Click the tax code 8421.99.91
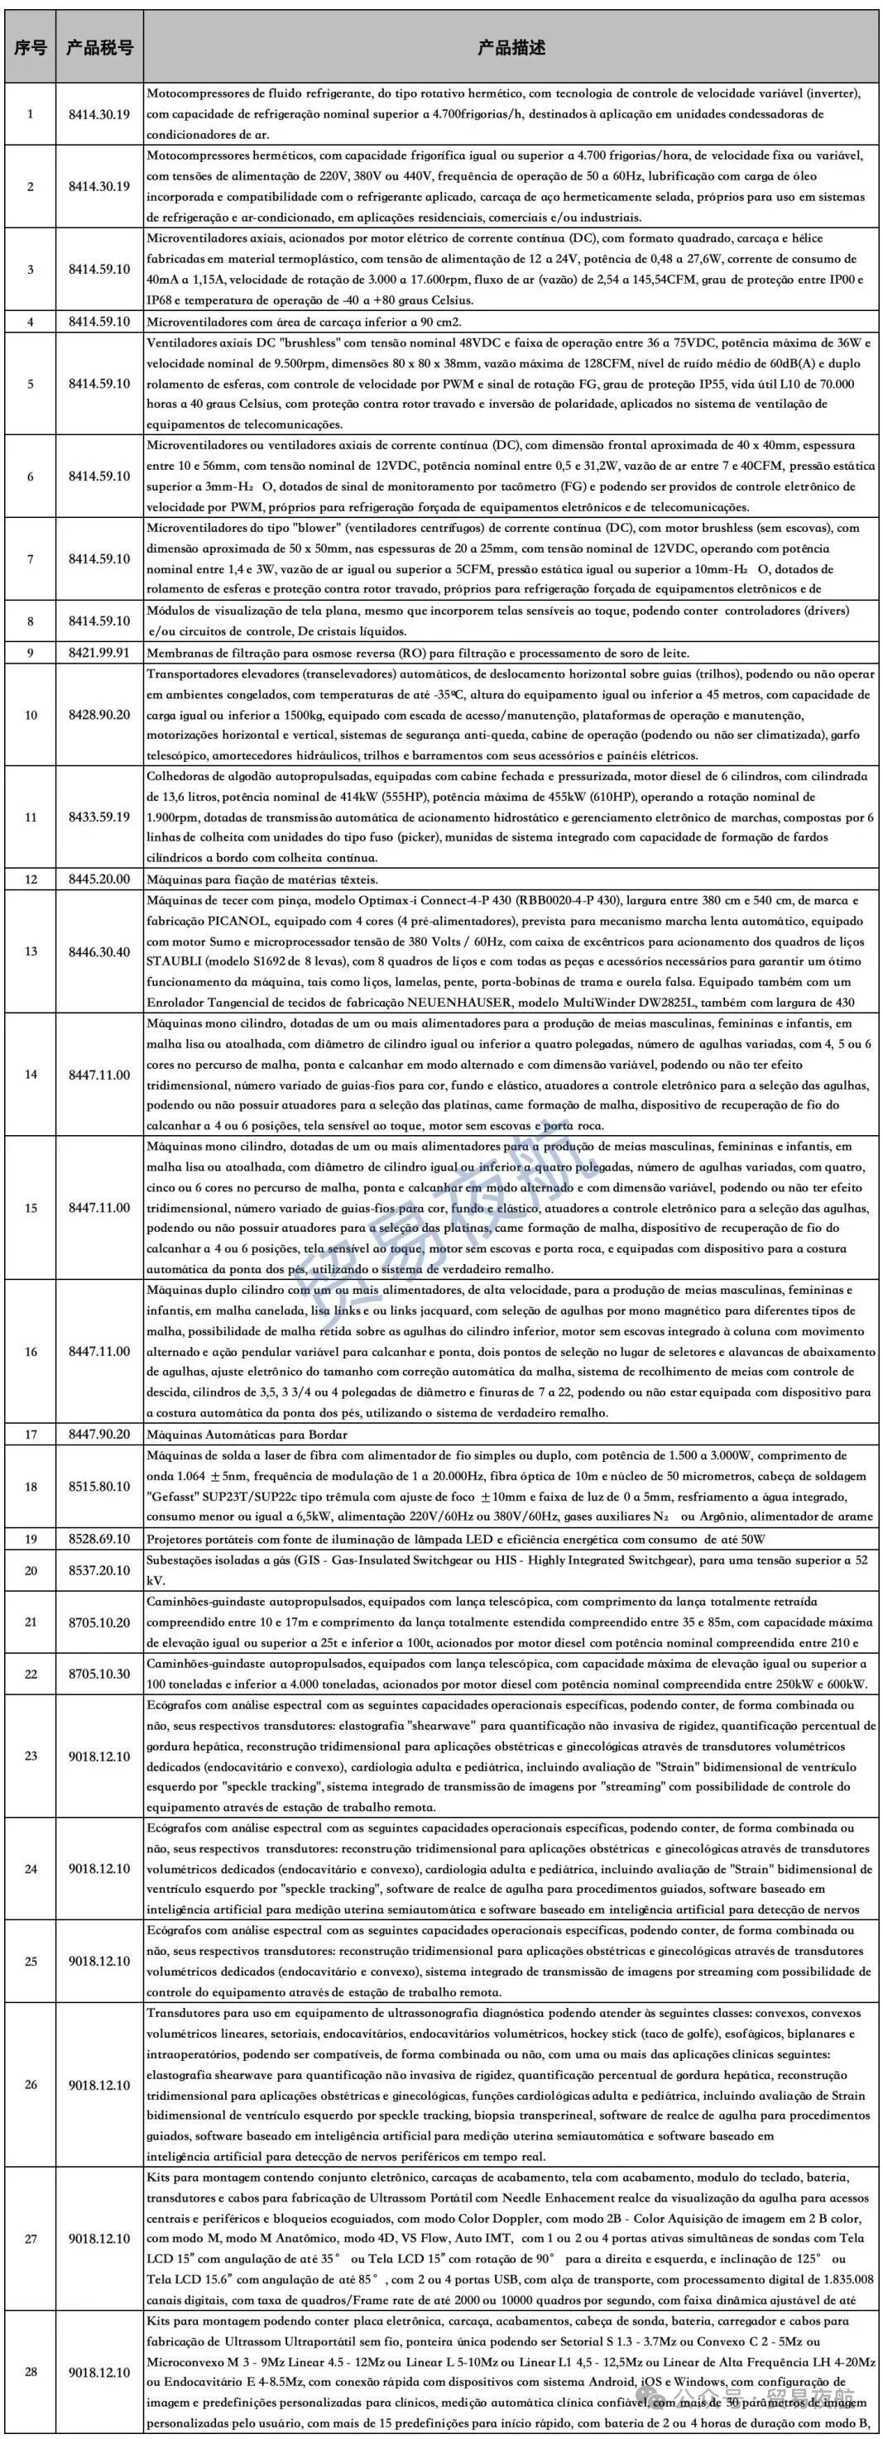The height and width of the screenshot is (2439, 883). point(99,654)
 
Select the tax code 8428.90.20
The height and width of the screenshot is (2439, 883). point(99,714)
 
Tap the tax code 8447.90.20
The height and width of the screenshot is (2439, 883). point(99,1435)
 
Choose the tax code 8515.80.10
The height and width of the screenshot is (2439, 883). point(99,1487)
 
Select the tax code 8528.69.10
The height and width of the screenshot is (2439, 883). point(99,1539)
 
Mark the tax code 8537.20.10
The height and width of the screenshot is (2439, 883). point(99,1571)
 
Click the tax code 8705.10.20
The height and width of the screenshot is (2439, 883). point(99,1622)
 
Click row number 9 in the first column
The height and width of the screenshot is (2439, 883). point(31,654)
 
